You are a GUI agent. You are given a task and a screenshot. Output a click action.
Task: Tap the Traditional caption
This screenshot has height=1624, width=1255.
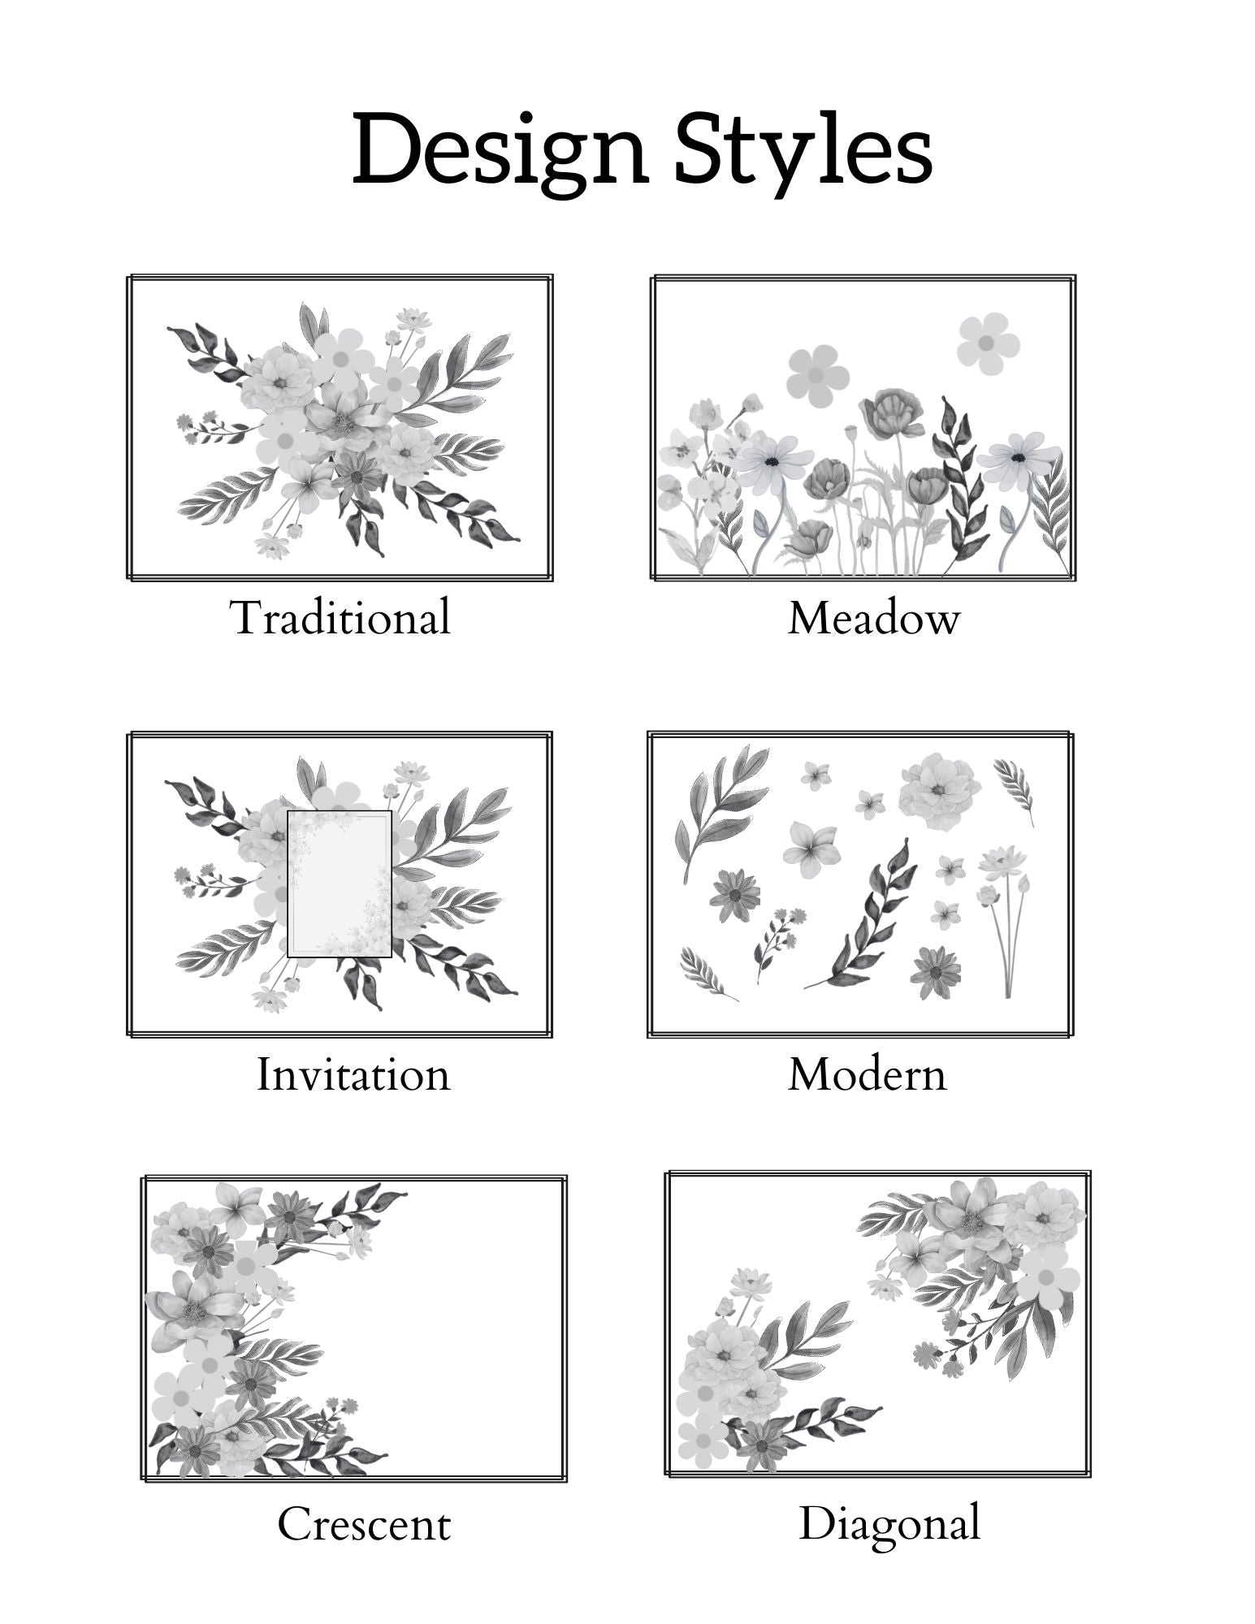click(x=340, y=617)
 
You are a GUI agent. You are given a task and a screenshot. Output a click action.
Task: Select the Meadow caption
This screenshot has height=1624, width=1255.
click(x=874, y=618)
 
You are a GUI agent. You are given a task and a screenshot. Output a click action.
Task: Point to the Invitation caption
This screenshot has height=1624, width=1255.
click(x=353, y=1074)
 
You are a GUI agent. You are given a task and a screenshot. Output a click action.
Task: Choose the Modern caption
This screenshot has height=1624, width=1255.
click(x=868, y=1074)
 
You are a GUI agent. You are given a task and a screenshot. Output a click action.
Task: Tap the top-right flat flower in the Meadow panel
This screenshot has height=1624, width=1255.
click(x=988, y=344)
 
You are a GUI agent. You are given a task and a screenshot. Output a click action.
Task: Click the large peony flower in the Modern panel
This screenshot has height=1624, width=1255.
click(x=939, y=792)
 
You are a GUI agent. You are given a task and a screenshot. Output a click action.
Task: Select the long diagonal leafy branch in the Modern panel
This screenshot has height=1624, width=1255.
click(x=861, y=913)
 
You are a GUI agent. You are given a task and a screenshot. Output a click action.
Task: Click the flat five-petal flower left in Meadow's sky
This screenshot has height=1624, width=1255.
click(x=818, y=376)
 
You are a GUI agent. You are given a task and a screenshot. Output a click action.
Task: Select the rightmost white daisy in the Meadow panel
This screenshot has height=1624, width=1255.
click(x=1019, y=460)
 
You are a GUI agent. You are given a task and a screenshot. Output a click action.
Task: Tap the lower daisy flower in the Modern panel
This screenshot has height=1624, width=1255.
click(x=936, y=973)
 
